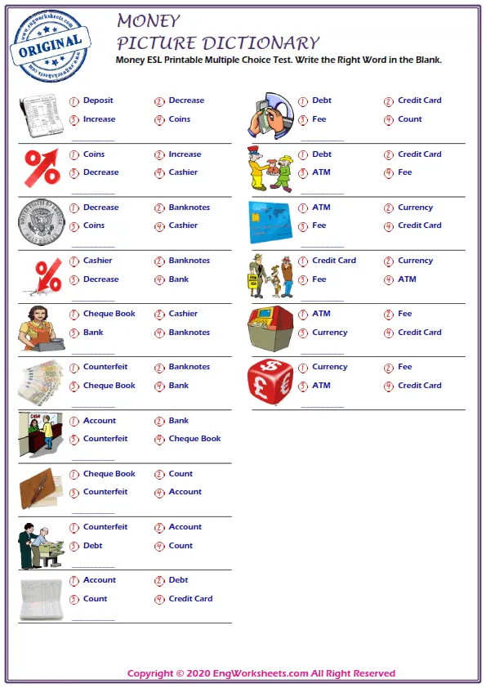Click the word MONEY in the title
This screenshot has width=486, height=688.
tap(149, 20)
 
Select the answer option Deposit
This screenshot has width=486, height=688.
tap(98, 101)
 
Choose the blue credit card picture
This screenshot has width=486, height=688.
tap(270, 221)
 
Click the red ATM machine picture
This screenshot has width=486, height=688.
tap(270, 328)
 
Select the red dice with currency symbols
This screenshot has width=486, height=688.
tap(270, 381)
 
